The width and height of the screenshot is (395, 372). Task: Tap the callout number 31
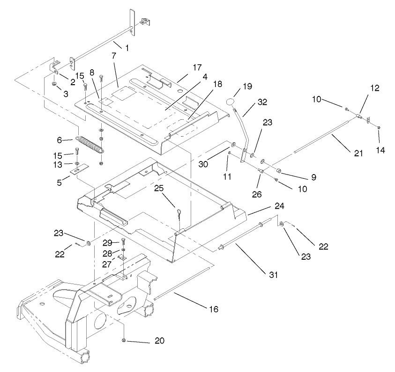click(273, 275)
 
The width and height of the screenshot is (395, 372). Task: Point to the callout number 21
click(358, 153)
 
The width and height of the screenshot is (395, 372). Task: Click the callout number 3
click(66, 94)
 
